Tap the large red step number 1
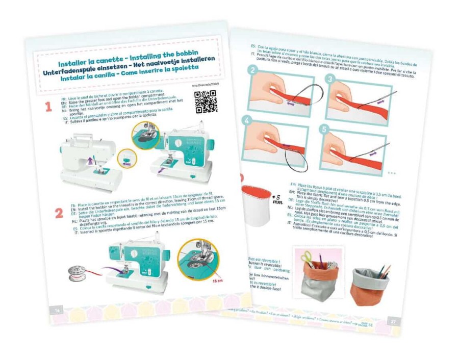(x=49, y=107)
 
